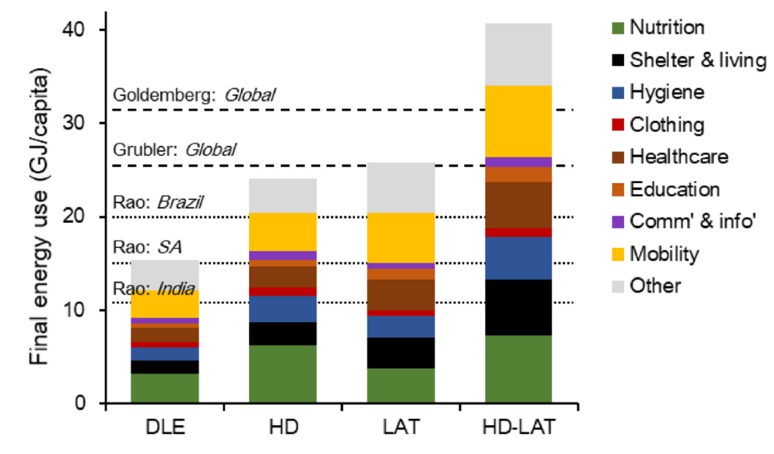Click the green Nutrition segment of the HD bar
pos(283,374)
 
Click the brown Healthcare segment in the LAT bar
pos(401,294)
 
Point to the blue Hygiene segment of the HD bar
pos(283,309)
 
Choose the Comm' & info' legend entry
pos(686,221)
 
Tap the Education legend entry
pos(675,188)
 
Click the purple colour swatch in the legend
pos(617,222)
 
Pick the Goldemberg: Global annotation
pos(194,95)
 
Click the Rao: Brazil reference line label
pos(157,202)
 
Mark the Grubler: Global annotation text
pos(174,149)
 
